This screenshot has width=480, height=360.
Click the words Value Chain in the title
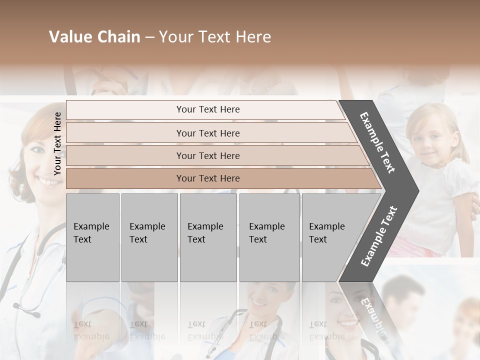click(x=94, y=37)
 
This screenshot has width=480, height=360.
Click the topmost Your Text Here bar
click(x=207, y=109)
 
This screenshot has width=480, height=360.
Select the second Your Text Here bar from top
click(x=207, y=133)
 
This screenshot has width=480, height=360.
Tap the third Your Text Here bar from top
click(x=207, y=155)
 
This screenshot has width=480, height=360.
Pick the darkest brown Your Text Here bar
click(x=207, y=178)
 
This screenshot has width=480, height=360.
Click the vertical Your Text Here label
click(x=57, y=143)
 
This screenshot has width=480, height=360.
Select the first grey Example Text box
click(x=92, y=237)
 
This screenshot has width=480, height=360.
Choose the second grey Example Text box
click(x=149, y=237)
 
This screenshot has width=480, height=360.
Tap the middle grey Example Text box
click(x=208, y=237)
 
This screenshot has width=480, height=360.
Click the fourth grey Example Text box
click(x=269, y=237)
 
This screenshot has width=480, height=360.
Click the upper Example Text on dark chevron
click(x=377, y=142)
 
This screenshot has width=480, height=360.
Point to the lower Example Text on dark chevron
click(x=378, y=236)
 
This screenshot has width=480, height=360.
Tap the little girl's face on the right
click(x=427, y=135)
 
